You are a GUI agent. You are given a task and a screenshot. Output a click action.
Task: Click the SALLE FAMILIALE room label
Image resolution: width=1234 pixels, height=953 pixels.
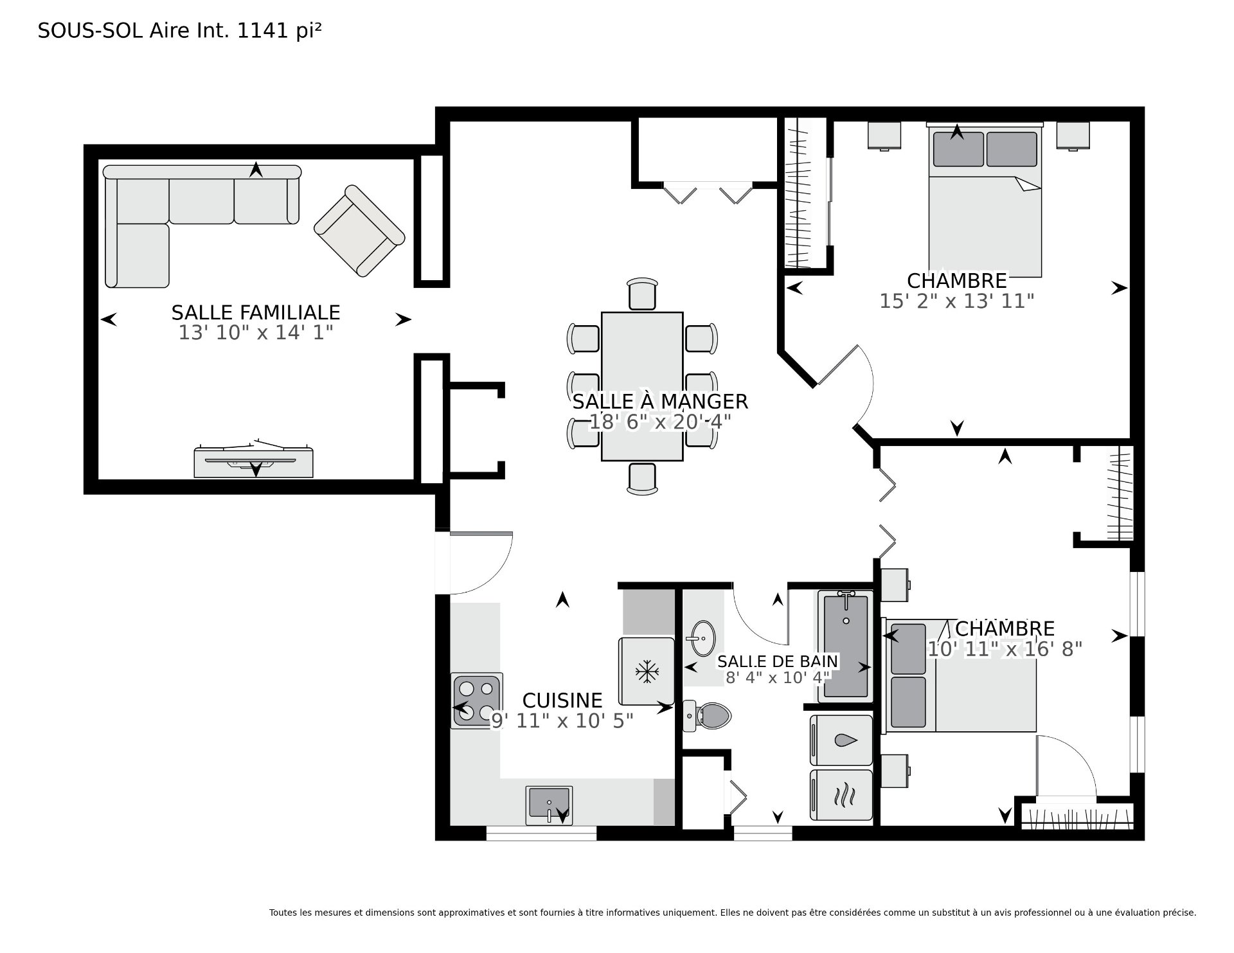tap(256, 312)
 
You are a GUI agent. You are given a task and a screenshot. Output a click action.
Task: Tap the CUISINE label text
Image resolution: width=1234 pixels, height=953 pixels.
tap(562, 700)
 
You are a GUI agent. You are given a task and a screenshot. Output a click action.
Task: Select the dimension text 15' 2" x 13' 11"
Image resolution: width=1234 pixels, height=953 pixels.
tap(956, 301)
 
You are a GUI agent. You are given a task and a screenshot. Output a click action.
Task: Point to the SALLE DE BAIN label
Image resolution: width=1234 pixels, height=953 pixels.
tap(778, 661)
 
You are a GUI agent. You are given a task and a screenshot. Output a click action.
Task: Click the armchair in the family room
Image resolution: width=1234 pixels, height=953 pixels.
tap(359, 231)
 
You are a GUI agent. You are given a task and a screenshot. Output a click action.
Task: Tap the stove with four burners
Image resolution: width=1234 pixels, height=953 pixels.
tap(476, 700)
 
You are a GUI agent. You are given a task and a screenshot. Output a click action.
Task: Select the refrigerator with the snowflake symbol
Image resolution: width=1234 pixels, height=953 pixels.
tap(647, 671)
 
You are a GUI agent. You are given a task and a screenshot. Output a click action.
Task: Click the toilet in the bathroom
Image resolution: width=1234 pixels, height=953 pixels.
tap(707, 715)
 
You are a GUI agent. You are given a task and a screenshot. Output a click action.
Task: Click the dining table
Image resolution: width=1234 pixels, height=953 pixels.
tap(642, 386)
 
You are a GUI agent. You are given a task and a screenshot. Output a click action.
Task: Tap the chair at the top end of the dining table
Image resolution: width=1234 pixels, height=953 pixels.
tap(643, 294)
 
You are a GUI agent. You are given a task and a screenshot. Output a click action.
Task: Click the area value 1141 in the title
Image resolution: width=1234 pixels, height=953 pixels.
tap(262, 31)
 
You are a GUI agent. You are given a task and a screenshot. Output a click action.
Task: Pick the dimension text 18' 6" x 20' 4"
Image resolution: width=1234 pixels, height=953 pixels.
tap(661, 422)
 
